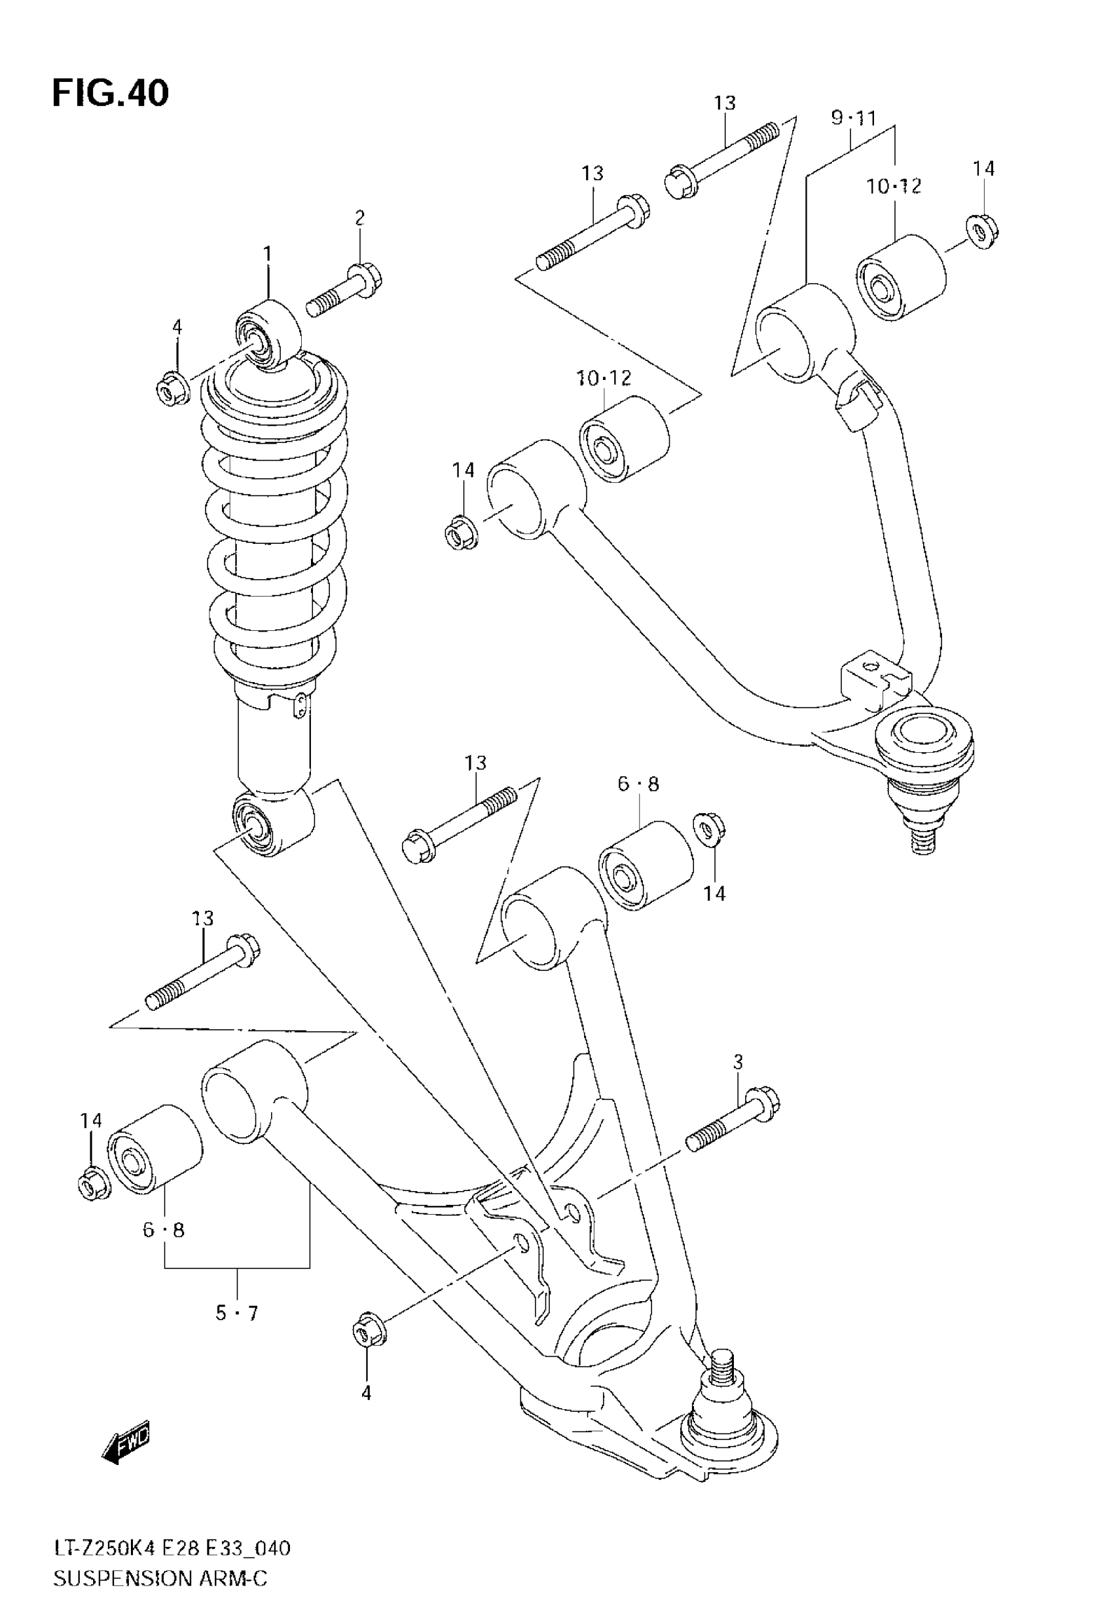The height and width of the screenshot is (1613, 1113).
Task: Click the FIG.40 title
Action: tap(110, 94)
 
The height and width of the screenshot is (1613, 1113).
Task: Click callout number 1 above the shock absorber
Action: tap(268, 254)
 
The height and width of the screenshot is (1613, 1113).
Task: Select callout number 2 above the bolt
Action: tap(359, 218)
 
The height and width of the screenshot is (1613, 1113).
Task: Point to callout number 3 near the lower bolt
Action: tap(738, 1063)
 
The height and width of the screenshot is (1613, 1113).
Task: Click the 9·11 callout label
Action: tap(853, 119)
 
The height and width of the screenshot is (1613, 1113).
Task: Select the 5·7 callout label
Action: tap(236, 1314)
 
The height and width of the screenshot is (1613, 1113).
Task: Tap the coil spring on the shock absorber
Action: tap(276, 530)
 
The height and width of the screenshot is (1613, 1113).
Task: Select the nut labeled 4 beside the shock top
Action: tap(171, 387)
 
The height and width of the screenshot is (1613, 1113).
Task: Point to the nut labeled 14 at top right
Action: tap(982, 232)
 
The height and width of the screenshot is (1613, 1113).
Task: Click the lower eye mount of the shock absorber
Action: tap(272, 824)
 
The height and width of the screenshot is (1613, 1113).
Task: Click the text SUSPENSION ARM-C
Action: tap(160, 1578)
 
